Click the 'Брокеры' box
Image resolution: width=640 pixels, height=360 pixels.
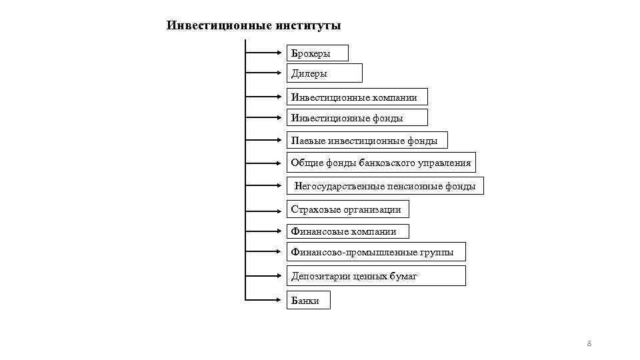coord(317,53)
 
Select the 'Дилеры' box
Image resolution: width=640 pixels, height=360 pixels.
coord(324,73)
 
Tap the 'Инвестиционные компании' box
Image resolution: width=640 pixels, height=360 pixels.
coord(357,97)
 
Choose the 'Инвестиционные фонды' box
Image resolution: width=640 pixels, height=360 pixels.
coord(357,119)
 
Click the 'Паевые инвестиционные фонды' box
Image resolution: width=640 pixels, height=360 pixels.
coord(367,141)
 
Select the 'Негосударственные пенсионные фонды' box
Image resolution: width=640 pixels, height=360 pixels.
coord(385,187)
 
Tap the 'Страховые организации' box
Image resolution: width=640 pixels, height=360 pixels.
coord(347,209)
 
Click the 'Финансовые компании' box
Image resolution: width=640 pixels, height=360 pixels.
coord(347,231)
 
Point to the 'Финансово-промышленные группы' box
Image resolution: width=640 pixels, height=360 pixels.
coord(375,252)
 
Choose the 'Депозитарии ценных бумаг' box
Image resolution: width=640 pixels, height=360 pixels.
coord(375,275)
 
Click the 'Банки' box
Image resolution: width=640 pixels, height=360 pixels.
coord(308,301)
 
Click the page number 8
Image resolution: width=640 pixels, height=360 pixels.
coord(589,344)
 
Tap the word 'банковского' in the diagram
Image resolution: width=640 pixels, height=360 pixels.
coord(387,163)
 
